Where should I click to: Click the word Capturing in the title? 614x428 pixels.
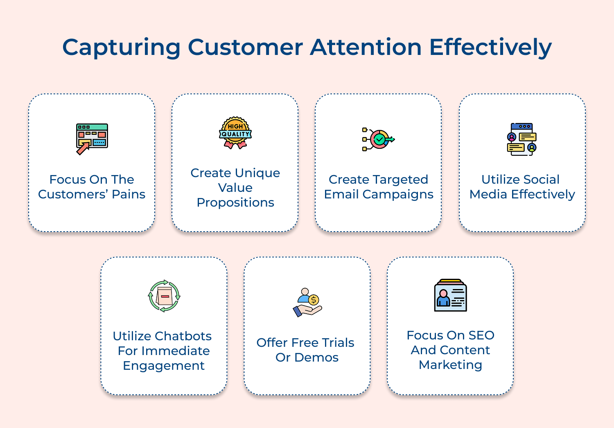(121, 48)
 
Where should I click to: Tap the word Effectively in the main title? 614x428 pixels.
(490, 48)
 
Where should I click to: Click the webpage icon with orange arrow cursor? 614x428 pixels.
(92, 139)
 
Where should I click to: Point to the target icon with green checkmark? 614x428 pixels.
(379, 139)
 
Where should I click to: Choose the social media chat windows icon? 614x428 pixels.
(522, 139)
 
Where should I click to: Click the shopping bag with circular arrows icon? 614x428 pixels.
(164, 296)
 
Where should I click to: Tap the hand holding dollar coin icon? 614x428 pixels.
(307, 303)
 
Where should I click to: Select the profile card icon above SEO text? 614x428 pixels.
(450, 296)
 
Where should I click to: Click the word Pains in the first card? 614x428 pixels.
(129, 194)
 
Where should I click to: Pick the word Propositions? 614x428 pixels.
(235, 203)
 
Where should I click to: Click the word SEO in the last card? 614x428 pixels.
(481, 335)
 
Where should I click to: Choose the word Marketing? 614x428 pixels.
(450, 365)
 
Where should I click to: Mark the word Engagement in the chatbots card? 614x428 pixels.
(164, 366)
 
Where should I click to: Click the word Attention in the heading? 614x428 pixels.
(366, 48)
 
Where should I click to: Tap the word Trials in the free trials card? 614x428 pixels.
(338, 343)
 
